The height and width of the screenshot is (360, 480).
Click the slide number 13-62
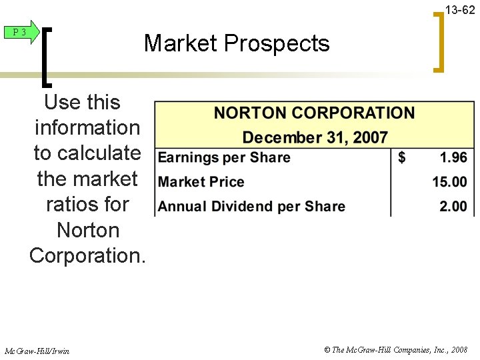tap(460, 9)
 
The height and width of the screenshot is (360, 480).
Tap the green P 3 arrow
tap(23, 32)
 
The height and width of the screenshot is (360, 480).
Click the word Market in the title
tap(181, 43)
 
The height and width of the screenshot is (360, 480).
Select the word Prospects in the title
tap(277, 44)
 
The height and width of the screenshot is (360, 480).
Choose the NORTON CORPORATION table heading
tap(314, 113)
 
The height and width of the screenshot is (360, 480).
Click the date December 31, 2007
tap(315, 138)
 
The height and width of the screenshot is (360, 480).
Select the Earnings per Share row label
tap(224, 158)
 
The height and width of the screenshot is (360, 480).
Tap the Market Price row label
tap(201, 182)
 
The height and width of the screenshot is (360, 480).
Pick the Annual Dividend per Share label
tap(251, 207)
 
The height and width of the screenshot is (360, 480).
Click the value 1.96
tap(453, 158)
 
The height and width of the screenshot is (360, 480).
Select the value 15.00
tap(449, 182)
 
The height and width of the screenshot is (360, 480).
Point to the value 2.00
tap(453, 207)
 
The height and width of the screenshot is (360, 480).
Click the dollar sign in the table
tap(401, 158)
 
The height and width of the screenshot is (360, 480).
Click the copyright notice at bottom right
tap(395, 350)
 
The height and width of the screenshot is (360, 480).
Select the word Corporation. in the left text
tap(87, 255)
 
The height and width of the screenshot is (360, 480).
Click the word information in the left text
tap(87, 127)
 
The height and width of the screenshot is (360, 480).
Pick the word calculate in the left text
tap(100, 153)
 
